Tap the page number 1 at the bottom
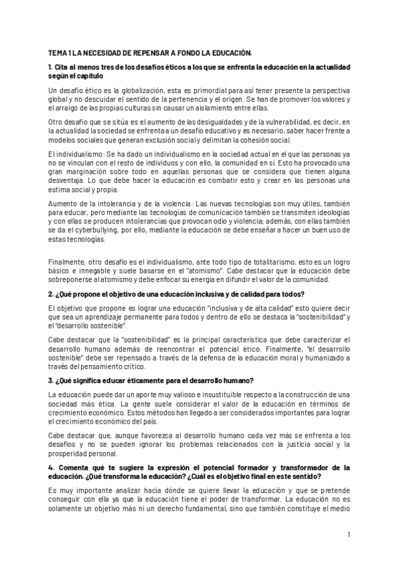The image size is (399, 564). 348,535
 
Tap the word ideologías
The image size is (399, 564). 329,215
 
